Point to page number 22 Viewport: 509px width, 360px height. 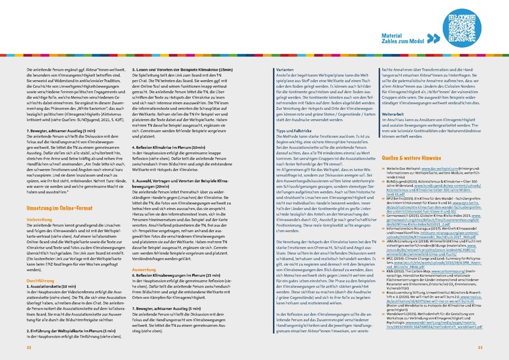[29, 349]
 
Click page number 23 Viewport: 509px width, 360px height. [481, 349]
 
